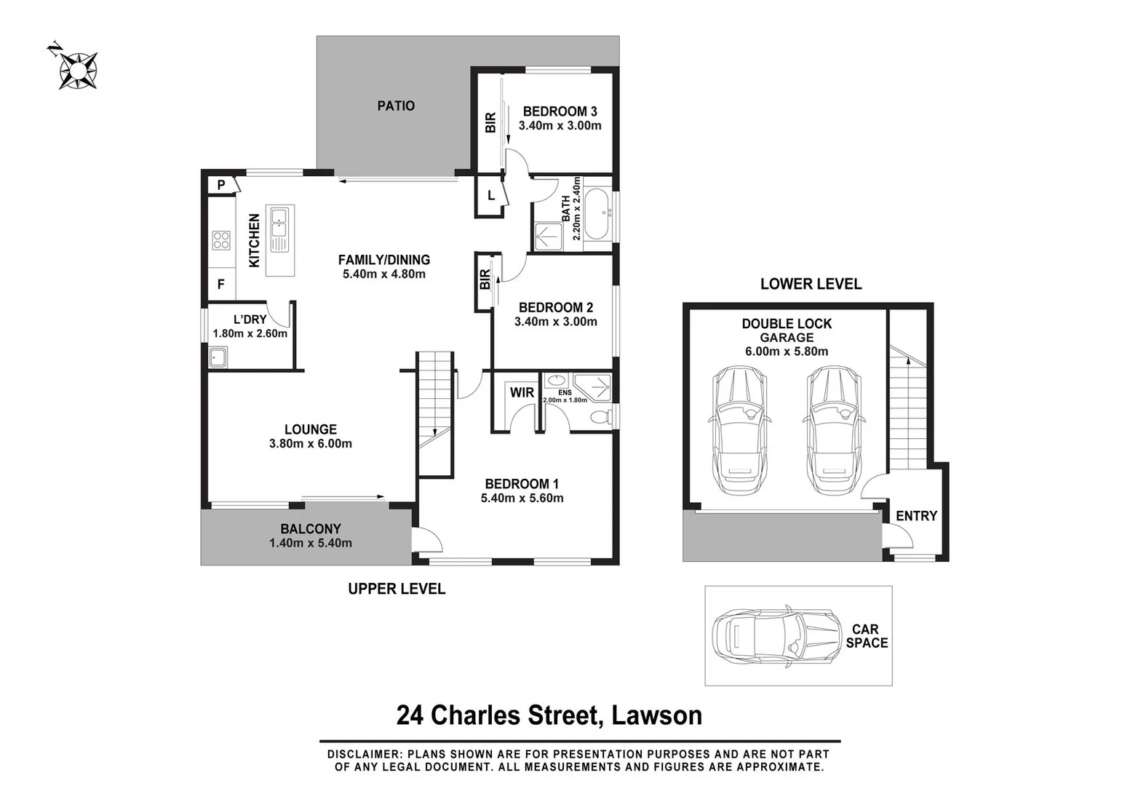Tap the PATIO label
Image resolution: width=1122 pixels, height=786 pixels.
(396, 106)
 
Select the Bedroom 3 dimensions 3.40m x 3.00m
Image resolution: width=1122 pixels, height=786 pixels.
(560, 125)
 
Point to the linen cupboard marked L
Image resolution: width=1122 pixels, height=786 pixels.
(490, 196)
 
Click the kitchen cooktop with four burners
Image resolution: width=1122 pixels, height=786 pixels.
(221, 239)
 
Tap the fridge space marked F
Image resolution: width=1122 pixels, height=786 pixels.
(221, 285)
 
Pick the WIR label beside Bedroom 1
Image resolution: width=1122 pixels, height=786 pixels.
(522, 392)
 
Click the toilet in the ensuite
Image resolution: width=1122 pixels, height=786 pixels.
(600, 417)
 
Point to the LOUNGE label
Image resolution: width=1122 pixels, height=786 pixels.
(311, 429)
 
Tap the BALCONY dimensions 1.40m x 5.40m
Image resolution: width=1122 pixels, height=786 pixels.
(311, 543)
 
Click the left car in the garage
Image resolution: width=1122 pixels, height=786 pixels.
(738, 429)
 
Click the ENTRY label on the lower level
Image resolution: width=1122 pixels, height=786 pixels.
(916, 515)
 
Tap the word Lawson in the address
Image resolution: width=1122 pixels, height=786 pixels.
(656, 715)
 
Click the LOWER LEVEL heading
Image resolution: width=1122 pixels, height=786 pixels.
(811, 284)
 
